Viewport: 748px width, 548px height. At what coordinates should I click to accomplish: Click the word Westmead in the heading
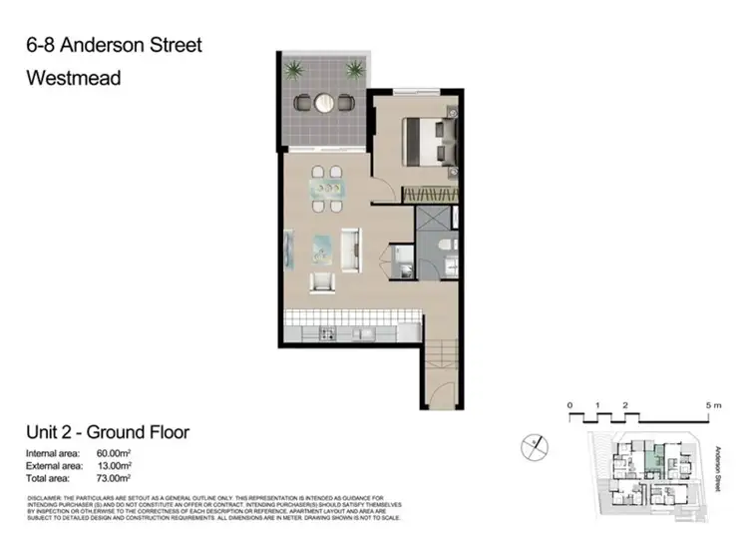click(x=74, y=77)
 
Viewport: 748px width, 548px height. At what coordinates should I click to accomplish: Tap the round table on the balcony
click(x=325, y=101)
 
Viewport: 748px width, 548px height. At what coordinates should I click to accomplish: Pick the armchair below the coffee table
click(x=321, y=281)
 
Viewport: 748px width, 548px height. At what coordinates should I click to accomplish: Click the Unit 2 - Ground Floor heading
click(x=108, y=432)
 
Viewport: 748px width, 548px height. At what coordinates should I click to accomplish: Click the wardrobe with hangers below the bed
click(x=429, y=194)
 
